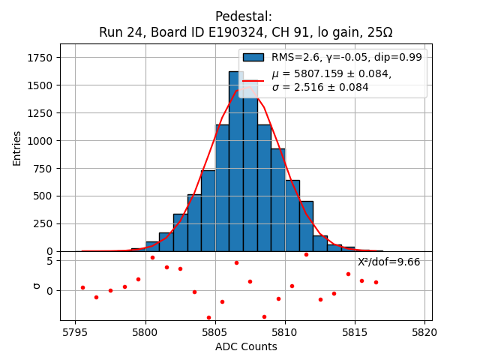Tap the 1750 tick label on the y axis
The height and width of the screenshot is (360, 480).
39,58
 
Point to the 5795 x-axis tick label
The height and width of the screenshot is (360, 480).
75,331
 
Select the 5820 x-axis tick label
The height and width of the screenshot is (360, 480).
424,331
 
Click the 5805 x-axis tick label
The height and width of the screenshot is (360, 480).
214,331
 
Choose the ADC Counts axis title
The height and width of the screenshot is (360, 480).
246,346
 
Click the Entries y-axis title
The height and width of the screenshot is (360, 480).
17,148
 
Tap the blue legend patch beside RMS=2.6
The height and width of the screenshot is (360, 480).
253,57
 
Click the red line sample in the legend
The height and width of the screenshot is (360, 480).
253,80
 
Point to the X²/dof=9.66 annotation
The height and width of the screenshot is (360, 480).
388,262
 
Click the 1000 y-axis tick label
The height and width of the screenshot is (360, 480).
39,140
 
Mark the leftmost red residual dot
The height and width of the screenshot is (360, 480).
82,287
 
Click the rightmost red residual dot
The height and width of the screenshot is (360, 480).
376,282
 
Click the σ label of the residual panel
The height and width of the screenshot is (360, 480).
35,286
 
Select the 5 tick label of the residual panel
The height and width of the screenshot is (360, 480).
49,261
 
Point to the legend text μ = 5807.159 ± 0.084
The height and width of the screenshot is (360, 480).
331,74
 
